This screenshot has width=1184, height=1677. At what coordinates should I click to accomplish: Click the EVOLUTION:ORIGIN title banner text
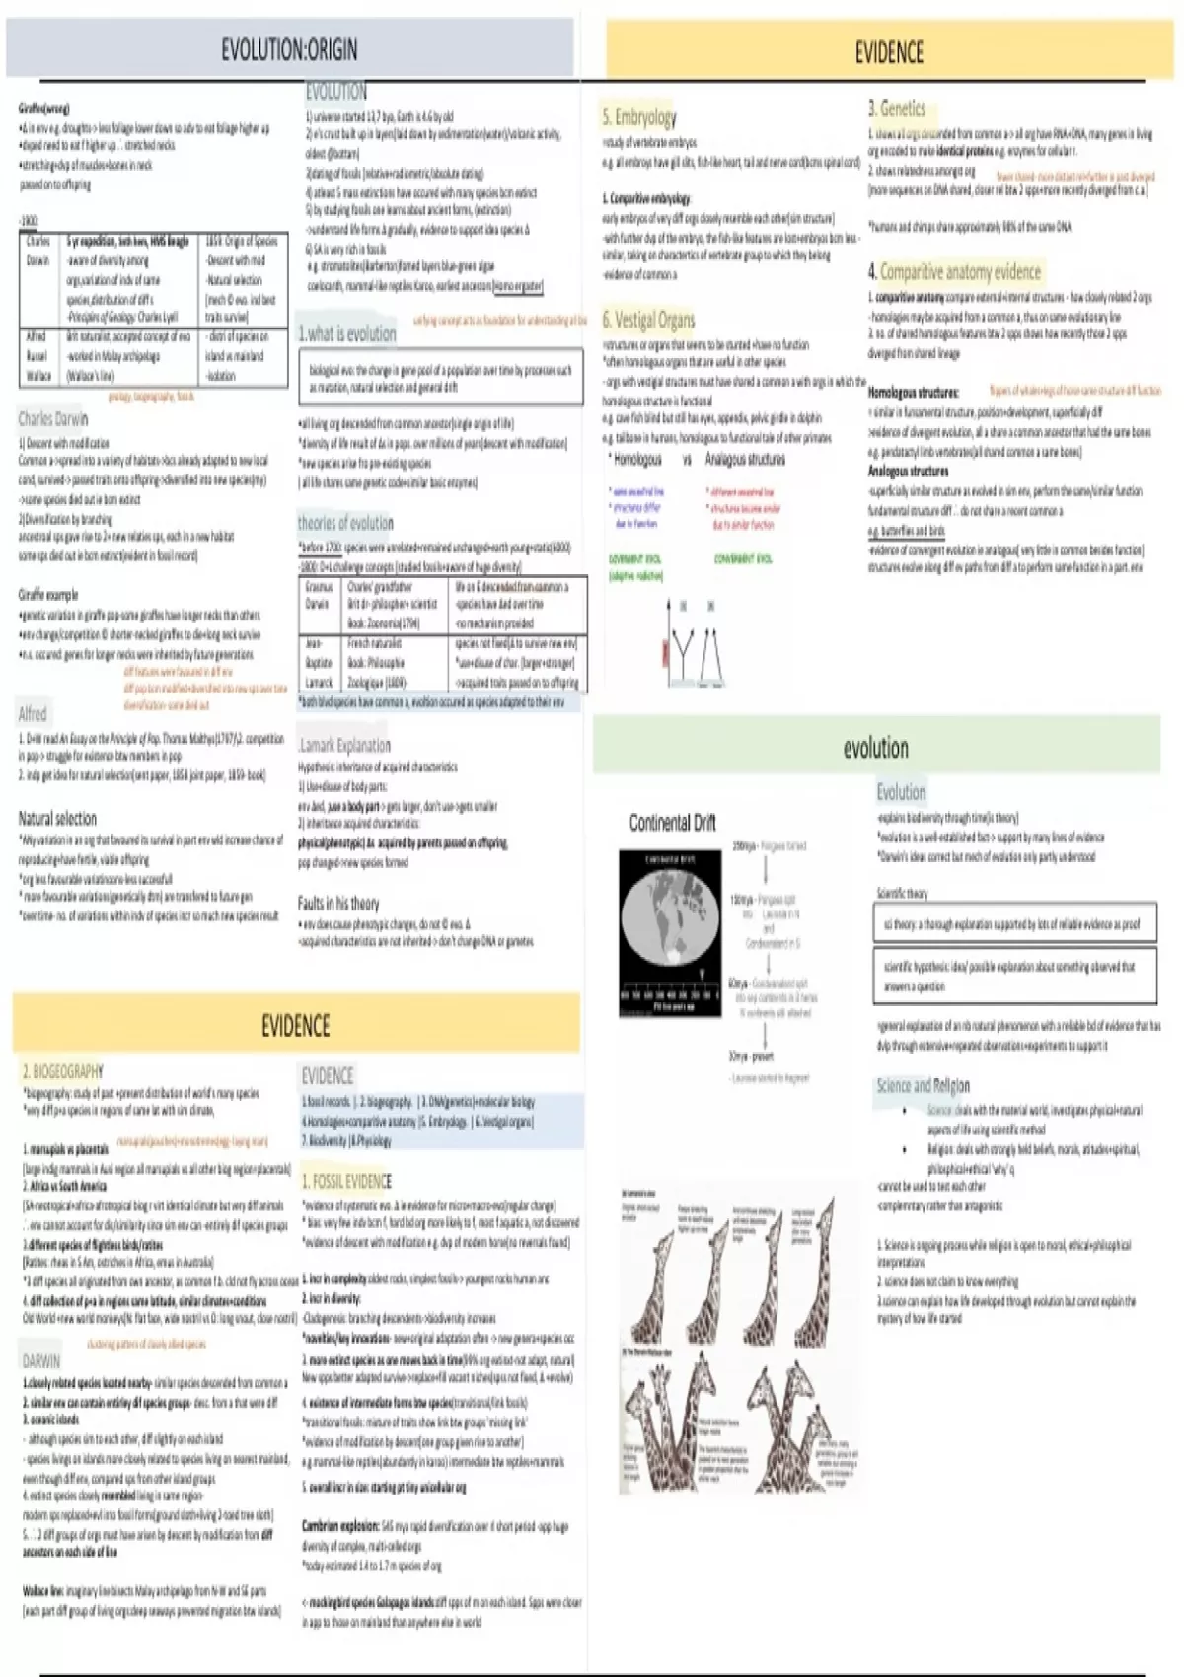click(x=289, y=49)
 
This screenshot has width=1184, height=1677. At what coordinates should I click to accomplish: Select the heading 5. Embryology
click(x=639, y=117)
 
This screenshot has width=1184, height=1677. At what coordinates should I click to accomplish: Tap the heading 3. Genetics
click(x=896, y=109)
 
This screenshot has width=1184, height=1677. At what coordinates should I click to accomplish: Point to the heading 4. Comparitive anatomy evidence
click(x=954, y=271)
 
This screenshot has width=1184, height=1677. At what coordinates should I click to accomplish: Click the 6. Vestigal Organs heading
click(x=648, y=320)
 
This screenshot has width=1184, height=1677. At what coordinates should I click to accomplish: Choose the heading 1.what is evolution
click(x=346, y=333)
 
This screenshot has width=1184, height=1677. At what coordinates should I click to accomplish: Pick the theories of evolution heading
click(x=345, y=523)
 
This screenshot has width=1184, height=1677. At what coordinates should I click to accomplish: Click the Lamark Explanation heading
click(x=344, y=745)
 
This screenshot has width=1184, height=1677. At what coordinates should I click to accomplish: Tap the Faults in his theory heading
click(x=338, y=903)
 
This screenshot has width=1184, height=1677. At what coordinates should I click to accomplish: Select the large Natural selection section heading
click(x=57, y=818)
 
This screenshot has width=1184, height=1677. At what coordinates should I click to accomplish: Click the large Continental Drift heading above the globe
click(x=672, y=823)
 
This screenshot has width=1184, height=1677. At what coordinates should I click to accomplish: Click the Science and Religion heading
click(x=923, y=1085)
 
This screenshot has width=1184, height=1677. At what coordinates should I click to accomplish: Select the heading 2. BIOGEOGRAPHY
click(x=62, y=1071)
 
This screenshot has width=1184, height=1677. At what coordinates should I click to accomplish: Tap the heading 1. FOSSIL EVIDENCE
click(x=346, y=1181)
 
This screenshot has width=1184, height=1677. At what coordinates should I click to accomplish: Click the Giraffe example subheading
click(x=47, y=595)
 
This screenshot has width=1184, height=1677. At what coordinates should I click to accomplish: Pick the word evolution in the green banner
click(x=875, y=748)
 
